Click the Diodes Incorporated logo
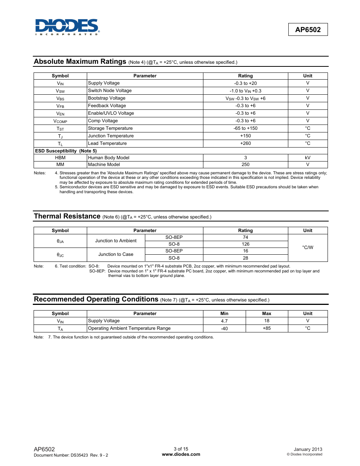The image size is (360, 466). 67,27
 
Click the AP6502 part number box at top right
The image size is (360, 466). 308,30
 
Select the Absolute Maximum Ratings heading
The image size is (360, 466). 80,62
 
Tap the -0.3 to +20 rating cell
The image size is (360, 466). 245,83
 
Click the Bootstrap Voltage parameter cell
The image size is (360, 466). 107,98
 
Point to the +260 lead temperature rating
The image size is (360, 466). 245,143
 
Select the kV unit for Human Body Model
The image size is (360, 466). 308,158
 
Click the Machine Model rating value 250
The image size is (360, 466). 245,165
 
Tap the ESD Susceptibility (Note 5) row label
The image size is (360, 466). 66,151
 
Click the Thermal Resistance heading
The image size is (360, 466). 67,216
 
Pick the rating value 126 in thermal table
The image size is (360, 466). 245,244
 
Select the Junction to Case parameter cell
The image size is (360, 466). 116,254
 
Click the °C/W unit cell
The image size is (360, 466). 308,248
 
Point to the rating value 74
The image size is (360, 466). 245,237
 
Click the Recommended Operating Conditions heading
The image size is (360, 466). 96,299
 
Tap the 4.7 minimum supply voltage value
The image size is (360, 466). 224,321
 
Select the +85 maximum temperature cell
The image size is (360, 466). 266,328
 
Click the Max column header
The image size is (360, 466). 266,314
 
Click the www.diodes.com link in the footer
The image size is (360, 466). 181,454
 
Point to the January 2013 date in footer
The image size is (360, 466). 308,449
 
